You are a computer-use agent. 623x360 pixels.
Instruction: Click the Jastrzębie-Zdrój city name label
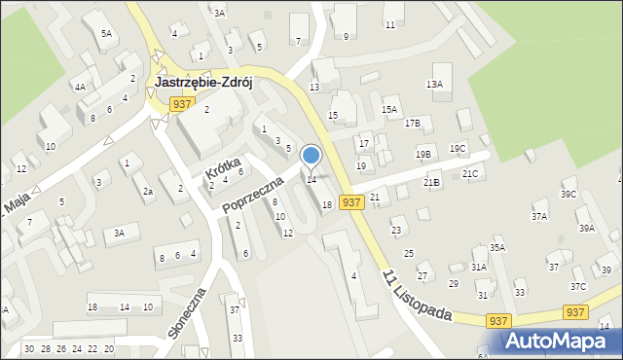coord(203,83)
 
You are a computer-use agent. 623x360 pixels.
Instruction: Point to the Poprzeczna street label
coord(251,194)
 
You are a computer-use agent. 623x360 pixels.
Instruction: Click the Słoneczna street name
coord(187,312)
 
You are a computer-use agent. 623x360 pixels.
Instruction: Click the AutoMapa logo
coord(559,341)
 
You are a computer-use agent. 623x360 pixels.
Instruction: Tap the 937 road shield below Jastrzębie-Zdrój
coord(180,103)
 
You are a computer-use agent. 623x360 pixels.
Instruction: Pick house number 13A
coord(434,85)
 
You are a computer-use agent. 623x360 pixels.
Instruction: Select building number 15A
coord(390,110)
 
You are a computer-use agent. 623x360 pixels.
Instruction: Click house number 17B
coord(413,123)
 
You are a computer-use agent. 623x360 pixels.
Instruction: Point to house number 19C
coord(457,148)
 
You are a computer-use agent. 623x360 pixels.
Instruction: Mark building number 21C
coord(470,173)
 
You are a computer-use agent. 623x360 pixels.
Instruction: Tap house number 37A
coord(539,217)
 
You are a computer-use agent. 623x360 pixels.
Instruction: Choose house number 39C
coord(568,194)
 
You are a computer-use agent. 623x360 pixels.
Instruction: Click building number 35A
coord(497,248)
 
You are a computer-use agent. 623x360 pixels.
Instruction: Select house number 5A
coord(106,33)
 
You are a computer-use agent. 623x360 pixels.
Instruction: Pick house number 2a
coord(148,192)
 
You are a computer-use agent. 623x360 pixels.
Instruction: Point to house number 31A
coord(479,267)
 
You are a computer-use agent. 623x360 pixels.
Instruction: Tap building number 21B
coord(431,182)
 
